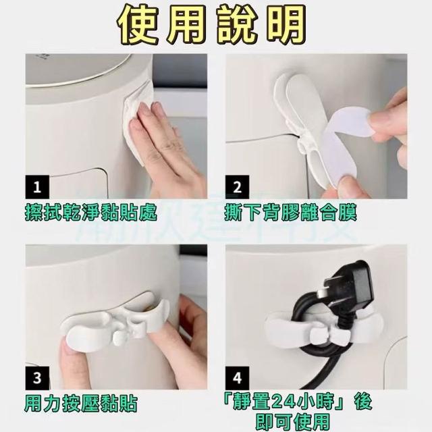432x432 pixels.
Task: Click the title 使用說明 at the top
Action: tap(211, 24)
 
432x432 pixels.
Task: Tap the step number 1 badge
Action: tap(37, 187)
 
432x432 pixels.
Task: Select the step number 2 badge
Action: tap(237, 187)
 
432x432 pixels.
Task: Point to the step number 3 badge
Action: tap(37, 378)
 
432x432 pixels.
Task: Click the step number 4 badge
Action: tap(237, 378)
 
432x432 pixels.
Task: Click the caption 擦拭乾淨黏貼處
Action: tap(91, 213)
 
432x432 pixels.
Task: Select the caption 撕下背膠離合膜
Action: tap(291, 213)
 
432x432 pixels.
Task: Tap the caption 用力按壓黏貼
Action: tap(81, 404)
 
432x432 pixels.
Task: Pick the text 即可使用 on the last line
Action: tap(293, 421)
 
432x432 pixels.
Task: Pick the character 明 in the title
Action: tap(286, 24)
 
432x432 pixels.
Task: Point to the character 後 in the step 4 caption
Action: tap(363, 402)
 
